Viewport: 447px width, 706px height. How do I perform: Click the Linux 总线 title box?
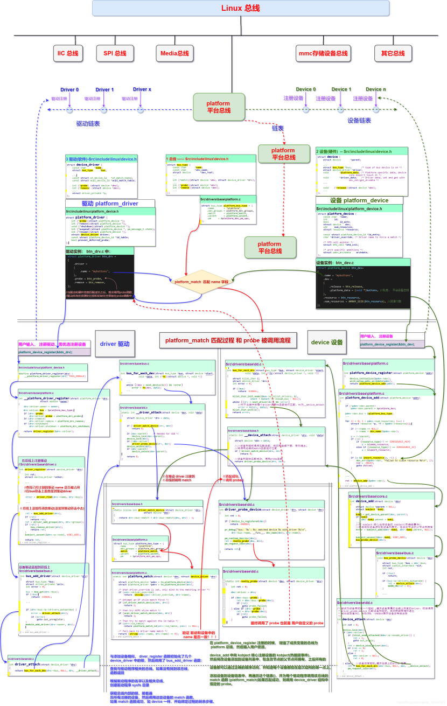click(x=232, y=8)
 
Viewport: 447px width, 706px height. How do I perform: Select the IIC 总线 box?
click(x=68, y=53)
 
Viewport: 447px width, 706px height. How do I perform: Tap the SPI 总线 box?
click(x=114, y=53)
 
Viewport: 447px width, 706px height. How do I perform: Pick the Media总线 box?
click(x=174, y=53)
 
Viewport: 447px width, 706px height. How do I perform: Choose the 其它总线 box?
click(x=393, y=53)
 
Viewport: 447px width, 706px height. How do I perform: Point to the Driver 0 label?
click(x=69, y=90)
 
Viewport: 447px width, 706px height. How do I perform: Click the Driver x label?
click(x=142, y=89)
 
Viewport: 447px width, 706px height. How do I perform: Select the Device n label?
click(x=376, y=89)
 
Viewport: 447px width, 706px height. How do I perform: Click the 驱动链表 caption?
click(x=88, y=123)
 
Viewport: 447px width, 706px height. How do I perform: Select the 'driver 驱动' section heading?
click(x=115, y=344)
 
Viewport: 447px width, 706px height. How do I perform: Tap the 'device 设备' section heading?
click(x=327, y=342)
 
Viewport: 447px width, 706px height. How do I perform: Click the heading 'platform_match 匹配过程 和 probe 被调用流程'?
click(x=227, y=340)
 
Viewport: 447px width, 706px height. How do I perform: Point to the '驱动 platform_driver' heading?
click(x=110, y=204)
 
